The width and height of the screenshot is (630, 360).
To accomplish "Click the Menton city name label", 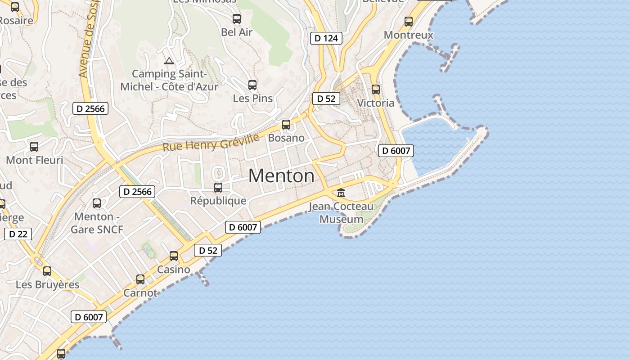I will pos(281,176).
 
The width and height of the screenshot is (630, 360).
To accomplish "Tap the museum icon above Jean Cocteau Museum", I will pos(341,193).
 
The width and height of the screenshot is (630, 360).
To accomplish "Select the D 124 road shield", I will pos(326,38).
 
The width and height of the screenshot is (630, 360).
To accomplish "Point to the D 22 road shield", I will pos(18,234).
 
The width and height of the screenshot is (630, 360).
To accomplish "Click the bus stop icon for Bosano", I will pos(286,125).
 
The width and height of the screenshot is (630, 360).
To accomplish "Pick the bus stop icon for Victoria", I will pos(376,90).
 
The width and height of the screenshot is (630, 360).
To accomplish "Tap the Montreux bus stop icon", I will pos(409,21).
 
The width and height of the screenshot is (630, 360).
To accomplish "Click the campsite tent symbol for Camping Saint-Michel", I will pos(169,61).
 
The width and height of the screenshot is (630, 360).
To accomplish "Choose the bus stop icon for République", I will pos(218,188).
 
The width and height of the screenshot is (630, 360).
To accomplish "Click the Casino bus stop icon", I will pos(174,256).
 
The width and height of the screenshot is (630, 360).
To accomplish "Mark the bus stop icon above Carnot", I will pos(140,279).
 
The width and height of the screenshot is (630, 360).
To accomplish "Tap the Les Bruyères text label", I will pos(47,285).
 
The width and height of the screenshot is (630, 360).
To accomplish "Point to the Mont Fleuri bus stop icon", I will pos(34,147).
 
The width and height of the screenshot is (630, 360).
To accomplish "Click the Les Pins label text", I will pos(253,98).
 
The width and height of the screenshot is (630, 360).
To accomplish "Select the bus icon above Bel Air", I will pos(237,19).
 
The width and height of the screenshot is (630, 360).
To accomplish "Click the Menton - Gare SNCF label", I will pos(97,223).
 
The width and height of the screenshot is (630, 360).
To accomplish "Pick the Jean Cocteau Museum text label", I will pos(341,213).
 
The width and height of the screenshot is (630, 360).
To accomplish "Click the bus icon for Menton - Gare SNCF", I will pos(97,203).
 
